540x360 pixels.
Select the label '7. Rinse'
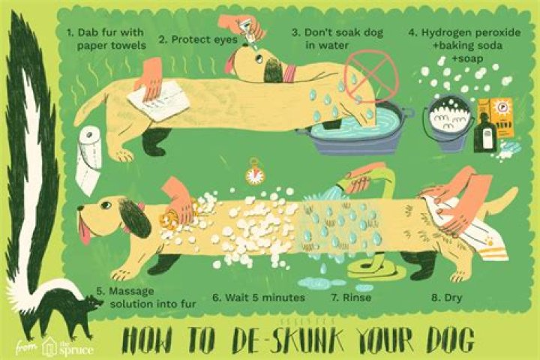pos(352,297)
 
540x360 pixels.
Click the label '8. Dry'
pos(447,297)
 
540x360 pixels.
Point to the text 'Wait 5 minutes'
pos(265,297)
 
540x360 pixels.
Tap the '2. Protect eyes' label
pos(198,40)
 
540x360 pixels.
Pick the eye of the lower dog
pos(106,205)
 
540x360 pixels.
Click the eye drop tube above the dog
pos(250,32)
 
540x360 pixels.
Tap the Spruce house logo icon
pos(49,348)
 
